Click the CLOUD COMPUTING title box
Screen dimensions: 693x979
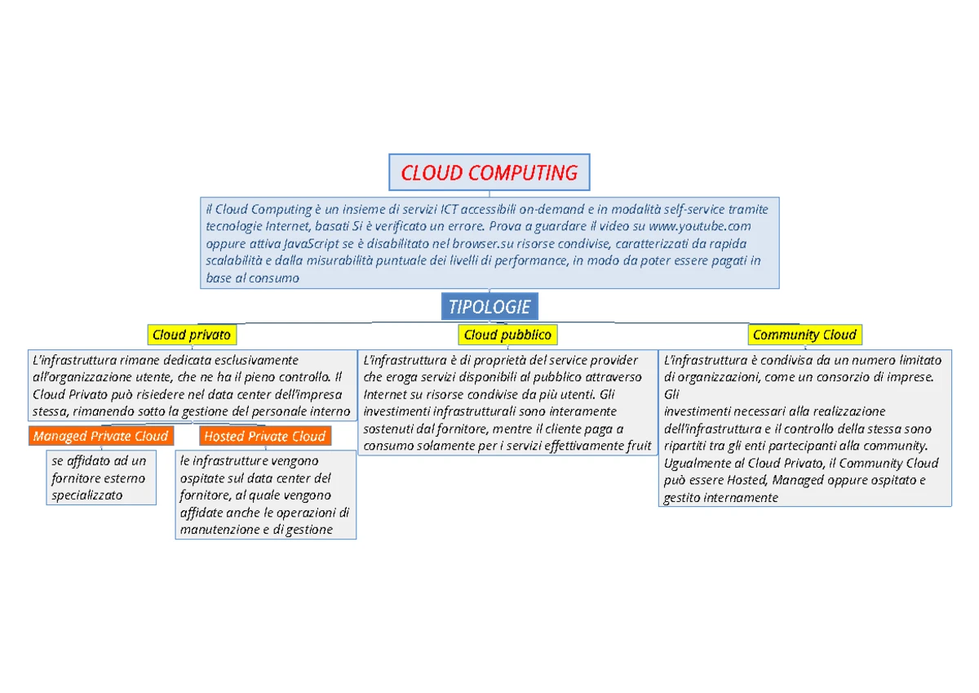(x=489, y=173)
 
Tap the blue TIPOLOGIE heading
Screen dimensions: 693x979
(x=489, y=307)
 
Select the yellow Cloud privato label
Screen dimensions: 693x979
(x=192, y=335)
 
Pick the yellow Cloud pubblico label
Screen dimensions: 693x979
(x=507, y=335)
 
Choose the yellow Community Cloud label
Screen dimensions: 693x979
(x=804, y=335)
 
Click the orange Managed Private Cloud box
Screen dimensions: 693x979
(x=101, y=436)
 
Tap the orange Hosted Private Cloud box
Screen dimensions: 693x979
(x=265, y=436)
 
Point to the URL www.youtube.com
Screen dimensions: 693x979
(x=699, y=226)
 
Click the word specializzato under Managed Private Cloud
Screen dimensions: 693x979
(x=87, y=495)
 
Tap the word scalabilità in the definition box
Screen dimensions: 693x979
(x=238, y=260)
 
